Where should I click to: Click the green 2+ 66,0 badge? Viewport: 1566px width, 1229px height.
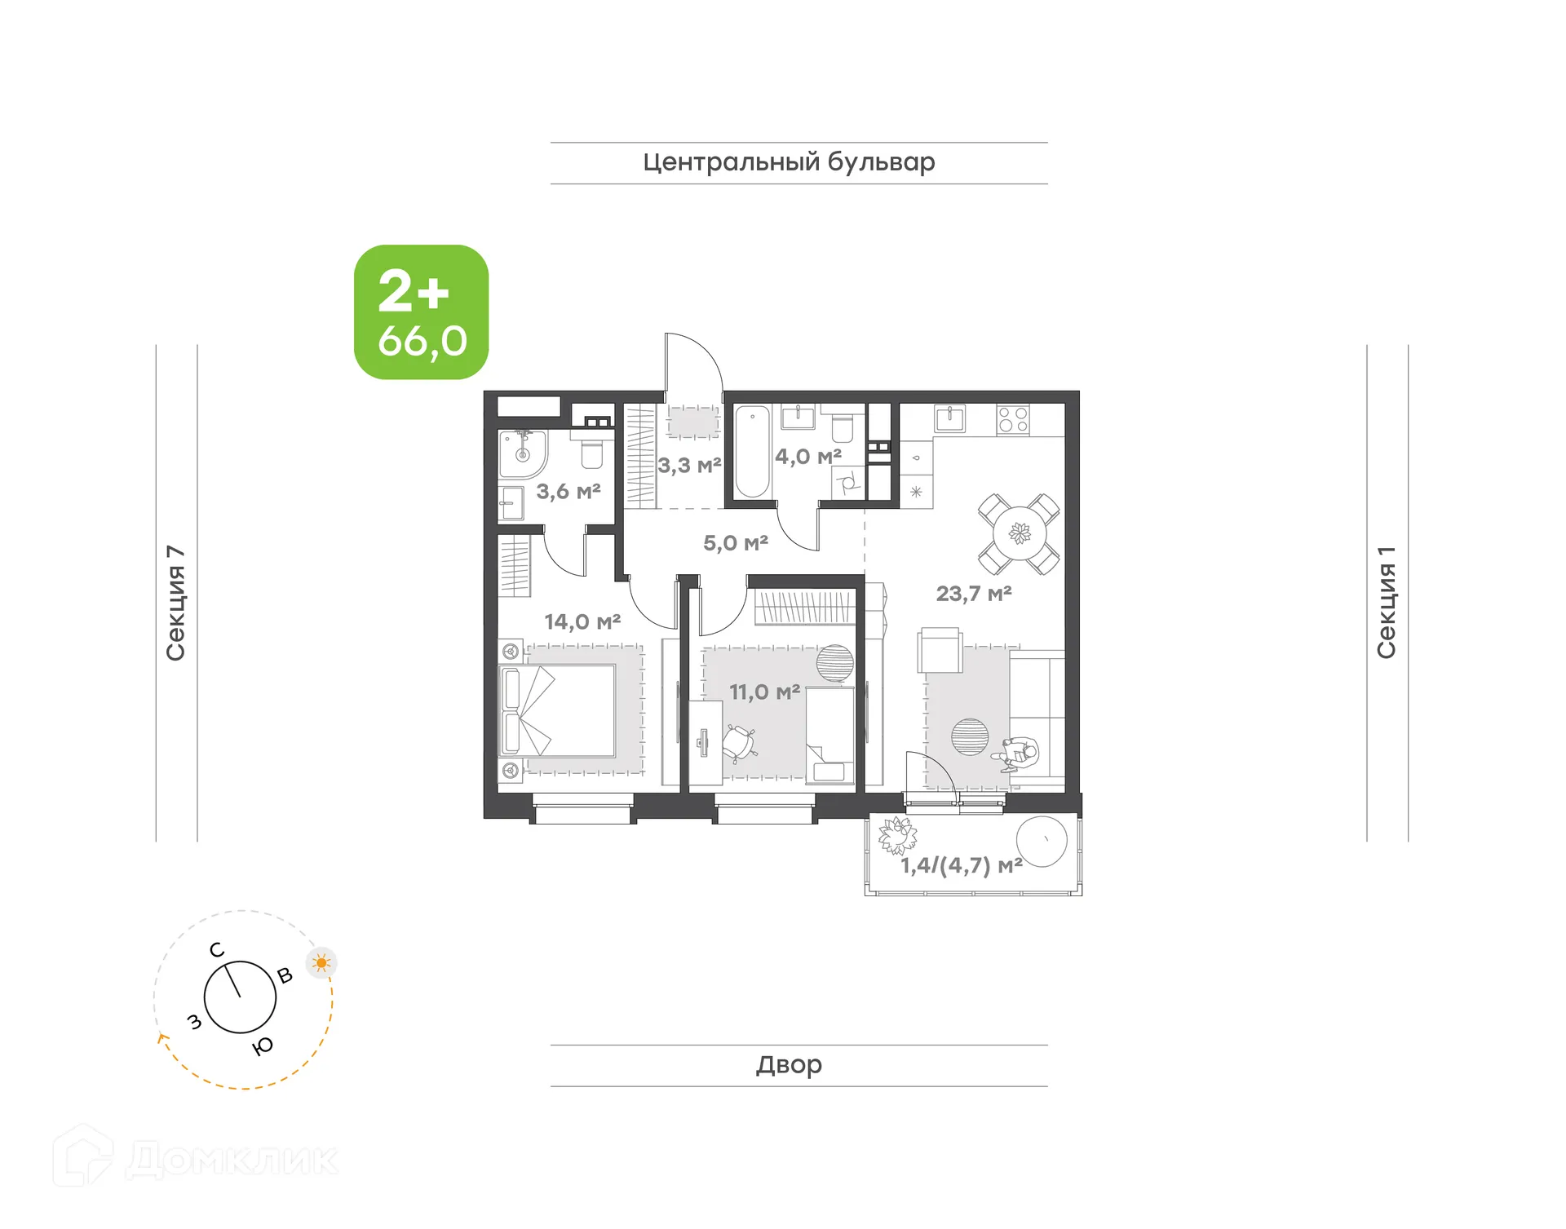421,312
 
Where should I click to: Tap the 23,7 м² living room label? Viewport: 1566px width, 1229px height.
973,593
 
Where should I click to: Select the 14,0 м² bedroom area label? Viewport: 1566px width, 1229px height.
582,621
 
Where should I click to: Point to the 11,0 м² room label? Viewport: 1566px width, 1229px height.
763,692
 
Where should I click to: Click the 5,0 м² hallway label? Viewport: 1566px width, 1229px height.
735,542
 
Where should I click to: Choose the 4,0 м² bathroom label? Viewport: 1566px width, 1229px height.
807,456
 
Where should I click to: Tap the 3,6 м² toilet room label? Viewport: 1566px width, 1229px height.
568,491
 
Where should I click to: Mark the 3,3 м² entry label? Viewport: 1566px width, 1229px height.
689,465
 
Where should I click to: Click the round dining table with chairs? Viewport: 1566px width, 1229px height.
1020,534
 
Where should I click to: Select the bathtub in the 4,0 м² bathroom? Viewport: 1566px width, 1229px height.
752,451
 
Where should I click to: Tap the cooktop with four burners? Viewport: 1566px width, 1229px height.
1013,420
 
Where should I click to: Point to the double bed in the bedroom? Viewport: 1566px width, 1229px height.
557,710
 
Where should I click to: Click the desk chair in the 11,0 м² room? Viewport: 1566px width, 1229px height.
739,742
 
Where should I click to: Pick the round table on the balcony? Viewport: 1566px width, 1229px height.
1042,841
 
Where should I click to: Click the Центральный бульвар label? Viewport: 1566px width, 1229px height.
789,161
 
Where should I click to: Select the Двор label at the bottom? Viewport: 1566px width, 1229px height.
789,1064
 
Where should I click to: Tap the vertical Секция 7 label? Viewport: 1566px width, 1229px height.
175,603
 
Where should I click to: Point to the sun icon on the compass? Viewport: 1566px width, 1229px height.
321,963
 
